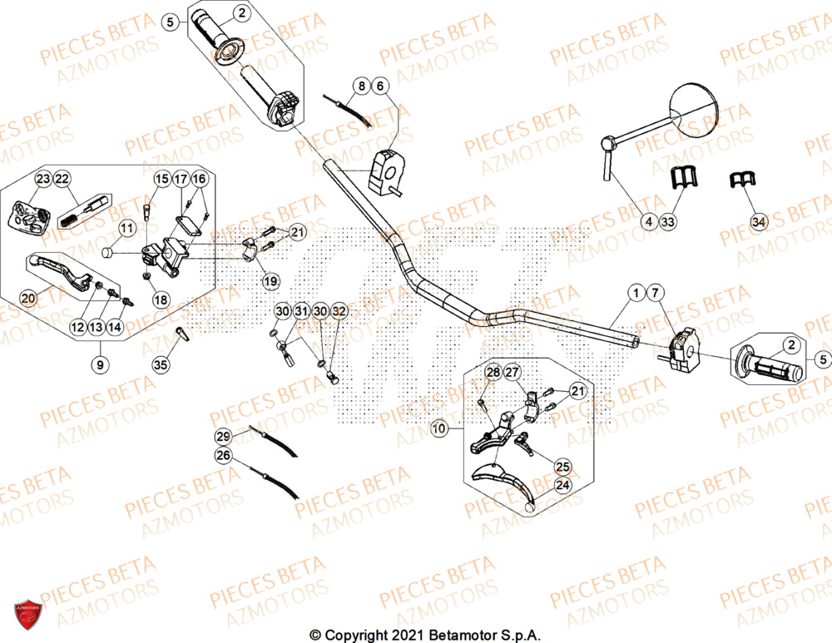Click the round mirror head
pos(696,107)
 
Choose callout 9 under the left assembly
pos(101,363)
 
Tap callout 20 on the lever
pos(27,298)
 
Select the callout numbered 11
pos(126,228)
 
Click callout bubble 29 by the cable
pos(222,437)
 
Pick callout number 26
pos(222,455)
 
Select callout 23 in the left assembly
pos(42,179)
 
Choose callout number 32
pos(339,311)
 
